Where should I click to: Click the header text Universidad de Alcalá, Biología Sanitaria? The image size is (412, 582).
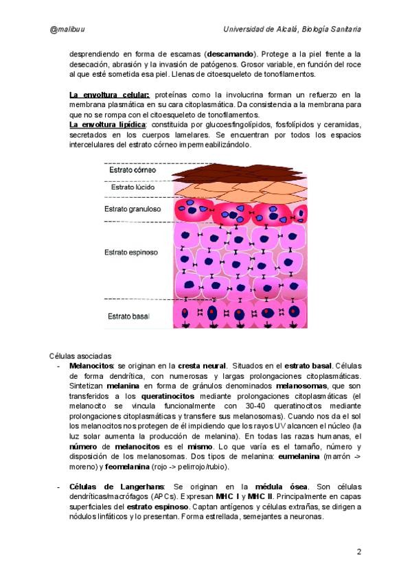pos(293,30)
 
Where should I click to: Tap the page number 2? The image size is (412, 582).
pos(359,552)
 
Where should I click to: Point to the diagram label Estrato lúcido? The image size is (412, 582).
pos(133,187)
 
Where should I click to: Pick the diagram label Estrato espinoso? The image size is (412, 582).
pos(130,252)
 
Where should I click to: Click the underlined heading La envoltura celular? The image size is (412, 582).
pos(108,94)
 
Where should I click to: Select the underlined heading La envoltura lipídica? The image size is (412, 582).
pos(107,125)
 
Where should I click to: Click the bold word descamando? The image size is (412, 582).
pos(229,54)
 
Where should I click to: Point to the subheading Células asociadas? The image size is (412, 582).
pos(80,356)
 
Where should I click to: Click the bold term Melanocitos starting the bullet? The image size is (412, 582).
pos(92,366)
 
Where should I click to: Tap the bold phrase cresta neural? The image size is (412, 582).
pos(201,366)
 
